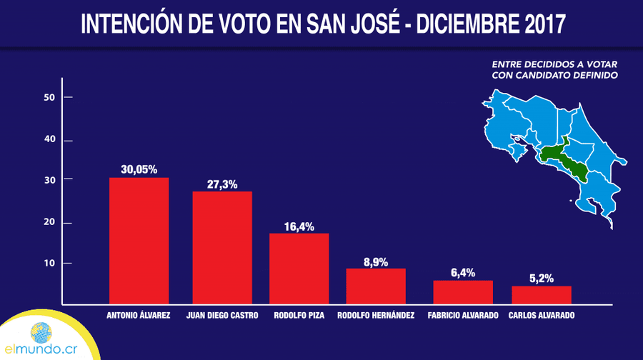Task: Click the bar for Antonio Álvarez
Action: tap(139, 241)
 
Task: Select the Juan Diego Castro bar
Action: tap(222, 248)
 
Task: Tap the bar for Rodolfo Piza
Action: tap(299, 269)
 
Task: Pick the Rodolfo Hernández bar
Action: tap(376, 286)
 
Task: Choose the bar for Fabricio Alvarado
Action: tap(463, 292)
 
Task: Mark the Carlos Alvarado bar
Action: tap(542, 295)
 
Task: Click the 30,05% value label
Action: tap(139, 170)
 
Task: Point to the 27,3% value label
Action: tap(222, 184)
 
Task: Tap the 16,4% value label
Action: tap(299, 226)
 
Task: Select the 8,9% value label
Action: tap(376, 262)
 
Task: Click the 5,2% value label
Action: tap(542, 279)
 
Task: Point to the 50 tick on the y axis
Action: tap(68, 97)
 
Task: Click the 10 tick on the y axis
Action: tap(68, 264)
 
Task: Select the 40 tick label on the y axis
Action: tap(49, 139)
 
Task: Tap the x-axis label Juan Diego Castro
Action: tap(222, 315)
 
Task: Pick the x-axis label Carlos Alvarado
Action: tap(542, 315)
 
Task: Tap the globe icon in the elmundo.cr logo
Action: tap(41, 333)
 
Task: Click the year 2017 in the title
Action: tap(545, 24)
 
